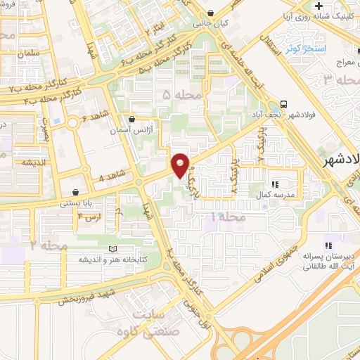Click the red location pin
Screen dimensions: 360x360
tap(181, 166)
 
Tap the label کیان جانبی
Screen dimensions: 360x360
tap(211, 23)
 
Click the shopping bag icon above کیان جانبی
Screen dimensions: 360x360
tap(211, 12)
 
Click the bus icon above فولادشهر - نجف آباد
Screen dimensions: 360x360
tap(283, 103)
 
